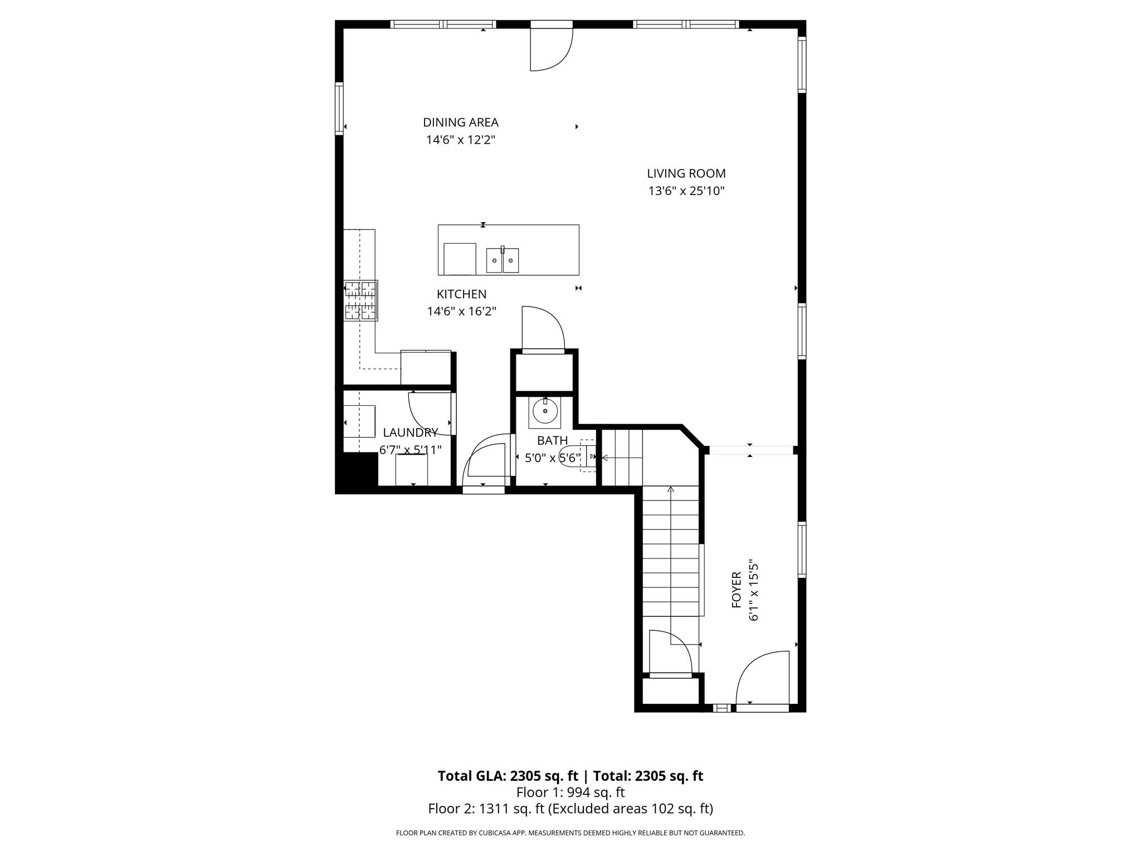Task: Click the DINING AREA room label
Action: pos(460,123)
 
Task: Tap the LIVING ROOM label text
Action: pos(686,174)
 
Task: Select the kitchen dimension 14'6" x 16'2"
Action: pos(461,312)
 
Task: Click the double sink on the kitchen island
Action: pos(502,260)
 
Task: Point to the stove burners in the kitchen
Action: pos(360,300)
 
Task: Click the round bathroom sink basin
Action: pos(544,411)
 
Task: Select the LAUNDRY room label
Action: pos(410,432)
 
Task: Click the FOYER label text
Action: pos(736,590)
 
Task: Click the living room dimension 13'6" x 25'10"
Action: pos(686,191)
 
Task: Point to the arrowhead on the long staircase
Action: pos(671,490)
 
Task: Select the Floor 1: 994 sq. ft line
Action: pos(570,792)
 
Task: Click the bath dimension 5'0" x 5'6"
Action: pos(553,458)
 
